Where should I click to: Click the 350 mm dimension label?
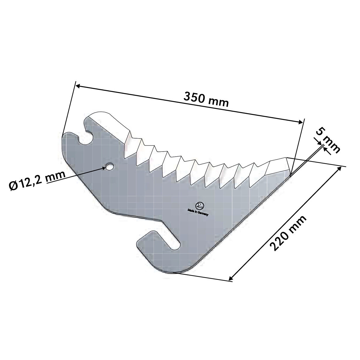pyautogui.click(x=206, y=99)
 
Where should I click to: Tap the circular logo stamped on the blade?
pyautogui.click(x=200, y=206)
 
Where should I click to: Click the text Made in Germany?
pyautogui.click(x=198, y=213)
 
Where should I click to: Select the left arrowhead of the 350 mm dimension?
pyautogui.click(x=79, y=86)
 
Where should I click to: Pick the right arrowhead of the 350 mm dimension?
pyautogui.click(x=299, y=122)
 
